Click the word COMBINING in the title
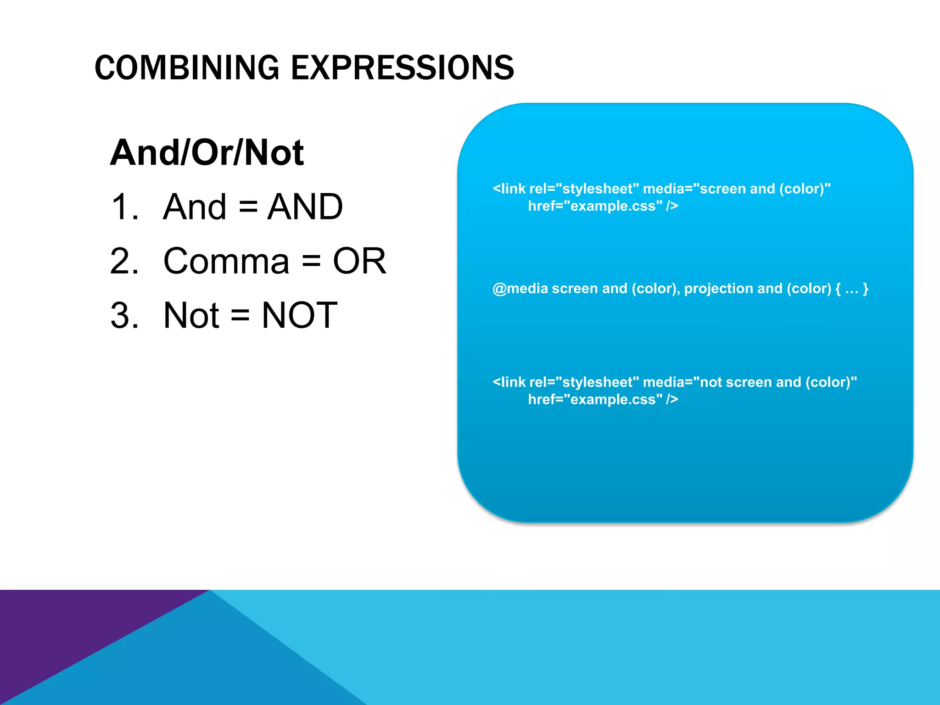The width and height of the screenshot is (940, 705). coord(186,68)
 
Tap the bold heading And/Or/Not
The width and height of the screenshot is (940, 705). coord(207,152)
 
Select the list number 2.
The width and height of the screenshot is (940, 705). coord(124,261)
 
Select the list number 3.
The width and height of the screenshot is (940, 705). coord(124,315)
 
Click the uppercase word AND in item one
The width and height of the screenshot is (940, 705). coord(305,207)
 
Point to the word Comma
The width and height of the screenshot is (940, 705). coord(226,261)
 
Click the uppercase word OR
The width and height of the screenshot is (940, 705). coord(359,261)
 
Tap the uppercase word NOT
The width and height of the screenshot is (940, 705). coord(299,315)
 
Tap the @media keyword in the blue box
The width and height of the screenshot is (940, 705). coord(520,289)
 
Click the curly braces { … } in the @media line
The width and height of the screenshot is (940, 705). coord(852,289)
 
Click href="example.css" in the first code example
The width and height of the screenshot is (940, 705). coord(595,206)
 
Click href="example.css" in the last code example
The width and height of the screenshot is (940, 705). coord(595,400)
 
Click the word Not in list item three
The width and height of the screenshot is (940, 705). coord(191,315)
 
